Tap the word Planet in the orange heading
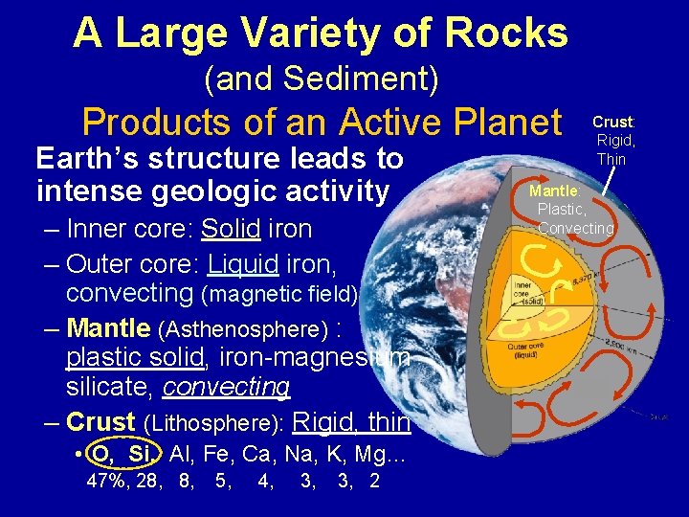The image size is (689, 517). tap(498, 123)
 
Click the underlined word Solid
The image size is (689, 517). tap(231, 230)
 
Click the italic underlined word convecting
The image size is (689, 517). tap(227, 387)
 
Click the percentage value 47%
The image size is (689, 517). tap(104, 481)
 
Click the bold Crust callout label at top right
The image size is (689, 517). tap(612, 122)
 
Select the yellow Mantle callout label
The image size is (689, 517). tap(562, 191)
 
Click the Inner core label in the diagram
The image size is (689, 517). tap(524, 289)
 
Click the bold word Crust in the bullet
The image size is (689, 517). tap(100, 422)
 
